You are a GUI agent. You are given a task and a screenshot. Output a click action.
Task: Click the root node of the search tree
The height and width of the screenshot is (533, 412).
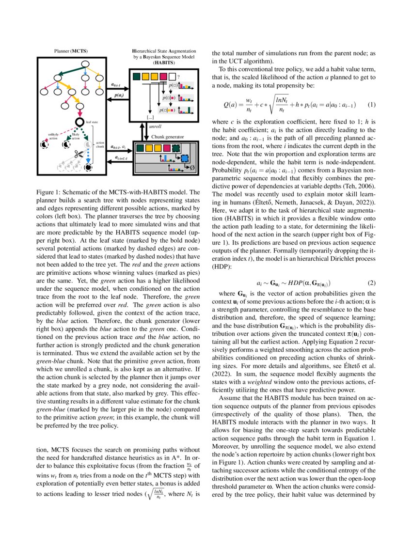tap(85, 64)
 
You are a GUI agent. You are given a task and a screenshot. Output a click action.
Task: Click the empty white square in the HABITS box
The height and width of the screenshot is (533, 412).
tap(172, 77)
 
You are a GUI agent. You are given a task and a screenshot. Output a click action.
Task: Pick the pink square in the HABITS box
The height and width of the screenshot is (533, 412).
tap(163, 77)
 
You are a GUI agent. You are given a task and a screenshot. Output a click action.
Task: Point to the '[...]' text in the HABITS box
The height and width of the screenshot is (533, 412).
tap(150, 117)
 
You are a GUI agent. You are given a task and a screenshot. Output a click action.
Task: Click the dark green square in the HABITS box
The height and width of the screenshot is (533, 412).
tap(136, 77)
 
